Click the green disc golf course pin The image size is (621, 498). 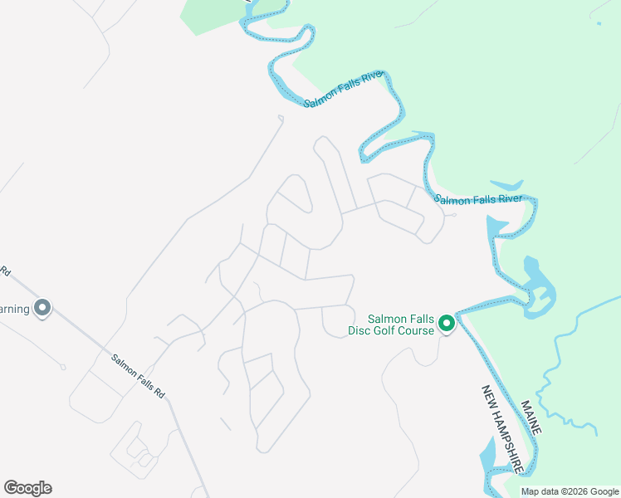(446, 323)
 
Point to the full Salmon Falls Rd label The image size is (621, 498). (139, 375)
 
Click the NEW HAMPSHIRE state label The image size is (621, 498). (501, 429)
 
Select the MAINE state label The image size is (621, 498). (531, 417)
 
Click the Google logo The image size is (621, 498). (27, 488)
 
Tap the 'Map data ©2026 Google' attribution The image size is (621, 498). (570, 491)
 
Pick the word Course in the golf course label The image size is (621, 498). (415, 331)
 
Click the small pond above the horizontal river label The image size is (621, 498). (506, 185)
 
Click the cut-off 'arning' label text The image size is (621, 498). (14, 309)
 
